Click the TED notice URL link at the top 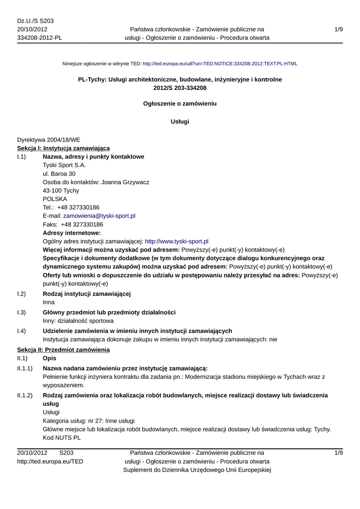(x=220, y=64)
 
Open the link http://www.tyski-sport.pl (x=177, y=242)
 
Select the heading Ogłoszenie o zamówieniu (x=180, y=104)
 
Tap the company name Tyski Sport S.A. (x=64, y=166)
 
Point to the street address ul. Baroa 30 (x=59, y=174)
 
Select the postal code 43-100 (x=53, y=191)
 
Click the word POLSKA (x=55, y=199)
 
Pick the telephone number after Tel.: (x=78, y=208)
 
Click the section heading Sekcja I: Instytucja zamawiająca (x=64, y=148)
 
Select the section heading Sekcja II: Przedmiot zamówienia (x=63, y=350)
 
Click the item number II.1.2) (x=25, y=396)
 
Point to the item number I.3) (x=21, y=312)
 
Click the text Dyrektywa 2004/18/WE (x=49, y=140)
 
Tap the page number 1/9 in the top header (x=339, y=30)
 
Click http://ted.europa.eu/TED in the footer (x=50, y=462)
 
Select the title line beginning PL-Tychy (x=180, y=80)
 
